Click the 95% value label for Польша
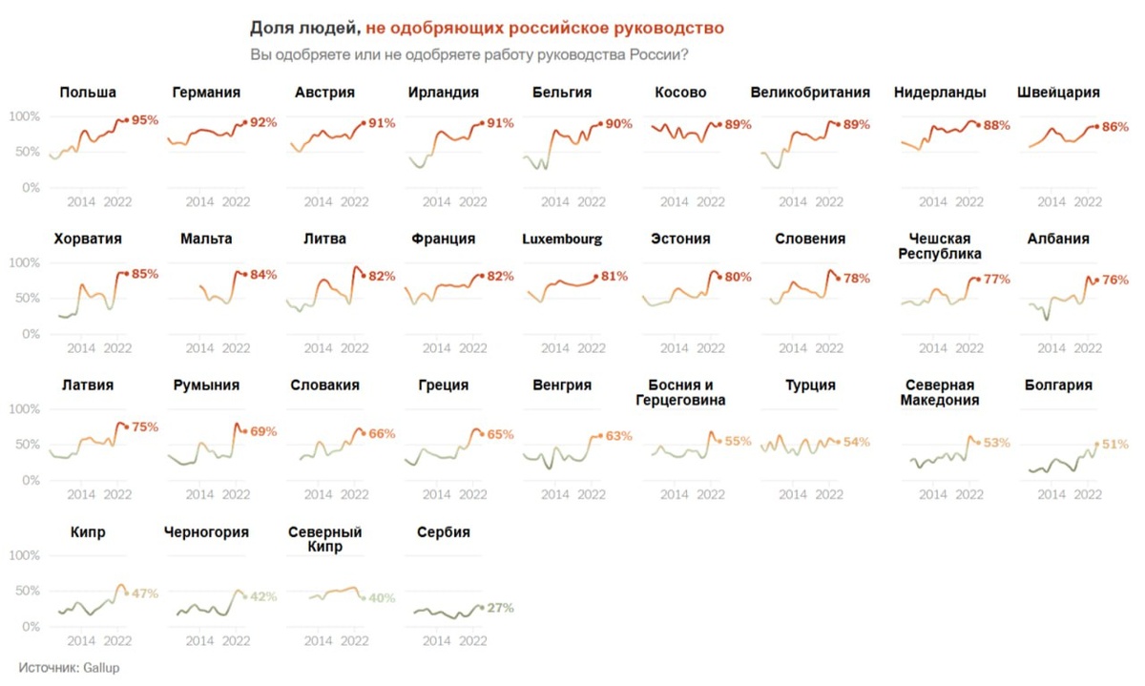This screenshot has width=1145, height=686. [x=145, y=120]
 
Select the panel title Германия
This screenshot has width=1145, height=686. [x=206, y=93]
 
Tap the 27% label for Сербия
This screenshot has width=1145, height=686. [x=501, y=608]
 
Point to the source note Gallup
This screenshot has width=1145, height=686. [x=69, y=669]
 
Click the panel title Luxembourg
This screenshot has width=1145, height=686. [x=562, y=239]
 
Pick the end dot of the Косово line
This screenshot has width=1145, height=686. [x=719, y=124]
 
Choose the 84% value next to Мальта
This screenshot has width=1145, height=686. [x=263, y=275]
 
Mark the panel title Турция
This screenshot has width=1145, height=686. [x=810, y=385]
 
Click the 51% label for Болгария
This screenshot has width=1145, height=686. [x=1115, y=445]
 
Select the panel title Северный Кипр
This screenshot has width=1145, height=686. [x=324, y=540]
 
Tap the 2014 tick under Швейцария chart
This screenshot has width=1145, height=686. [x=1051, y=202]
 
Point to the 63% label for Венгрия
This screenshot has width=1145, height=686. [x=619, y=436]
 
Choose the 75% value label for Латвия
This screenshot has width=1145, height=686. [x=145, y=427]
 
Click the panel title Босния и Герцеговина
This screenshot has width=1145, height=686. [x=687, y=392]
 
